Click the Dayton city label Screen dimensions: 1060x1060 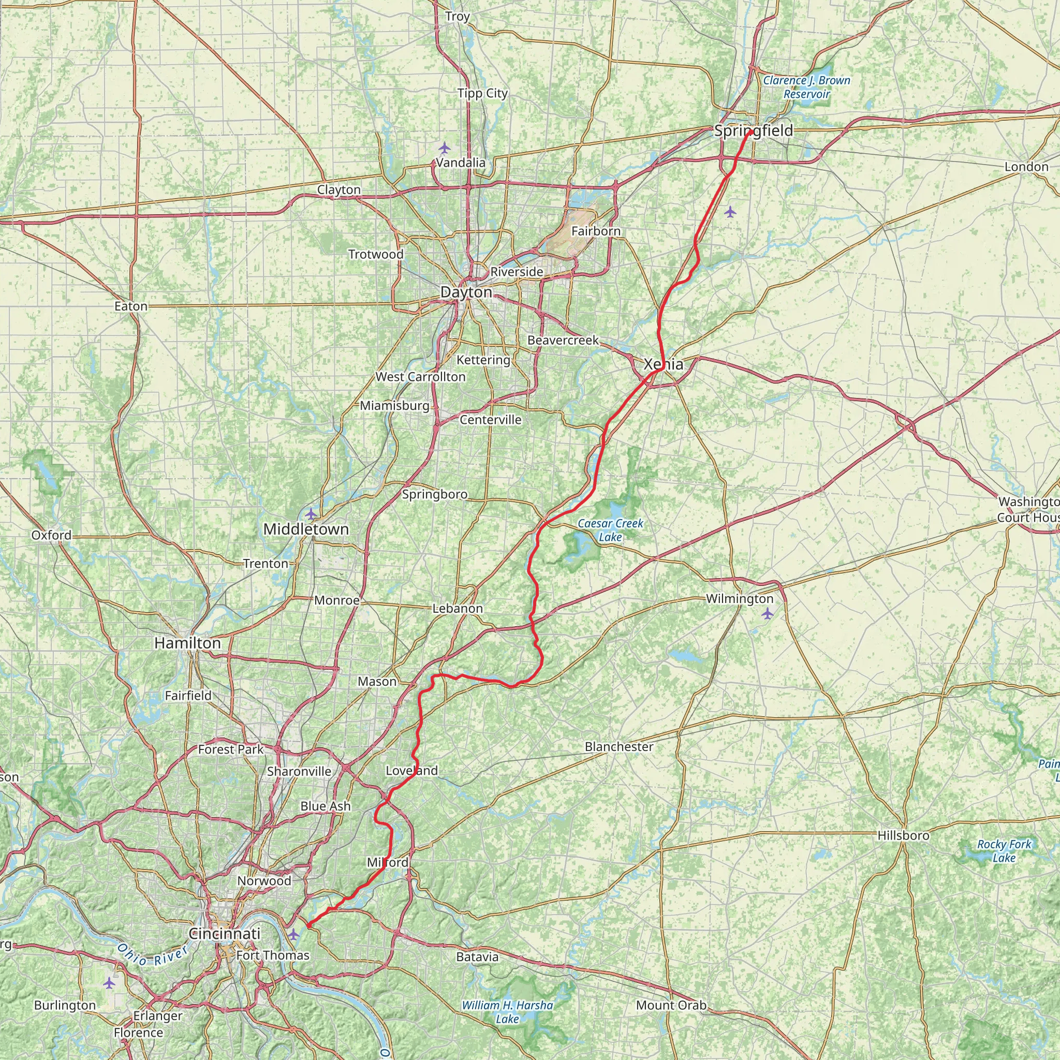[x=466, y=292]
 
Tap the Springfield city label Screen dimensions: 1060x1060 [x=753, y=130]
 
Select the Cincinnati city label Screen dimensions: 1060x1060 [x=225, y=933]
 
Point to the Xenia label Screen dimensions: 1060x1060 [x=664, y=364]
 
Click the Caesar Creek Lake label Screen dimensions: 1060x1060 [x=610, y=530]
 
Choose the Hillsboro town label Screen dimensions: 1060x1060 [x=903, y=835]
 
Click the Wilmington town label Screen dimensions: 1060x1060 [x=740, y=599]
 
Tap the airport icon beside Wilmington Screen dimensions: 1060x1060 [x=767, y=613]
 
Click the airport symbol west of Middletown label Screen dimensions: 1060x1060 [x=311, y=514]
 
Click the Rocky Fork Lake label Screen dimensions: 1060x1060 [x=1004, y=851]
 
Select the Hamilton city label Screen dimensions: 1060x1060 [x=188, y=643]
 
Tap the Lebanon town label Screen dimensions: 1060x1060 [x=458, y=609]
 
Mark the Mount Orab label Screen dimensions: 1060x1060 [x=671, y=1006]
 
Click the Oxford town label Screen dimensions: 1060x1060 [x=51, y=535]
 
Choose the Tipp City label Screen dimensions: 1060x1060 [x=483, y=94]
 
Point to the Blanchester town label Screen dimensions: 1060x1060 [x=619, y=747]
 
